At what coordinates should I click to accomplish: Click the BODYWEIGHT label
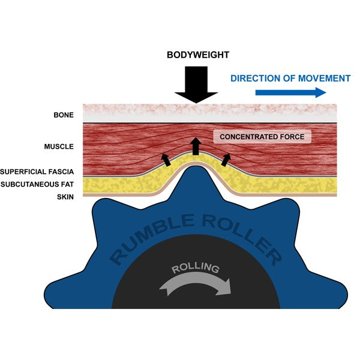pyautogui.click(x=197, y=55)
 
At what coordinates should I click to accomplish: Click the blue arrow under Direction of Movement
pyautogui.click(x=290, y=92)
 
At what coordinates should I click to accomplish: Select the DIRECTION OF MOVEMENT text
pyautogui.click(x=290, y=79)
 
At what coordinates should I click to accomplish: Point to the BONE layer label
pyautogui.click(x=63, y=115)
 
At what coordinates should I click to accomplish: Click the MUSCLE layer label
pyautogui.click(x=58, y=146)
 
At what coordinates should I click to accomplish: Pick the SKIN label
pyautogui.click(x=65, y=197)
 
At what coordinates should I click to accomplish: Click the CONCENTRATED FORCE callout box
pyautogui.click(x=262, y=137)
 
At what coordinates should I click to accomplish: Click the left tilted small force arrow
pyautogui.click(x=166, y=158)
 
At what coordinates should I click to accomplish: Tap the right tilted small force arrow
pyautogui.click(x=226, y=158)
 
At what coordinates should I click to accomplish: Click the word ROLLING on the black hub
pyautogui.click(x=195, y=268)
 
